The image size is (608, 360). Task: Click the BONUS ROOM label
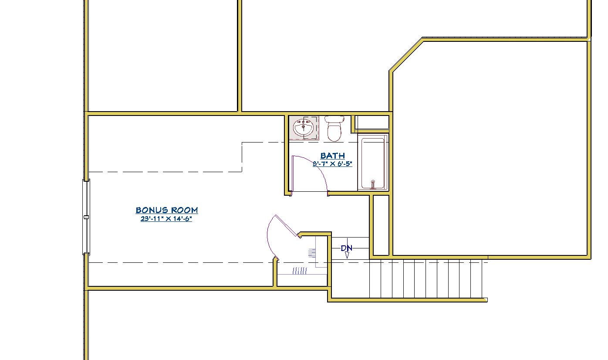tap(167, 210)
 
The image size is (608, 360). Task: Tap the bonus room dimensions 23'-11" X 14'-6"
tap(166, 218)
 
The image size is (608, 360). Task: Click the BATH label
tap(332, 156)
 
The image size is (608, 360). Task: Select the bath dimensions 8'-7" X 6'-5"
tap(332, 163)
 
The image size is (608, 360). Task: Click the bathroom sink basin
tap(304, 127)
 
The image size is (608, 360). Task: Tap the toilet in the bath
tap(334, 129)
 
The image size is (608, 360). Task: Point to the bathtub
tap(373, 163)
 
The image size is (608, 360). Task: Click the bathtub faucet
tap(373, 184)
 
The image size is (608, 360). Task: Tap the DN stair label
tap(346, 248)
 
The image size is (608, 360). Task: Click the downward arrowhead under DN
tap(347, 255)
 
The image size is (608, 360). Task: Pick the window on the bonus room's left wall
tap(86, 217)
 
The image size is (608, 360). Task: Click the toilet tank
tap(334, 119)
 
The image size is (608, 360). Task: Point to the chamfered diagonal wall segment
tap(406, 54)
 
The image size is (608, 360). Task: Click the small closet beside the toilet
tap(372, 122)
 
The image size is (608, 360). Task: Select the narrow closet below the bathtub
tap(381, 225)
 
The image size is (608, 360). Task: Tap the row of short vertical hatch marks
tap(300, 271)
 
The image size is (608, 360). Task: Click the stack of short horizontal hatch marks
tap(312, 253)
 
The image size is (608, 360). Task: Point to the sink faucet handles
tap(304, 122)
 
